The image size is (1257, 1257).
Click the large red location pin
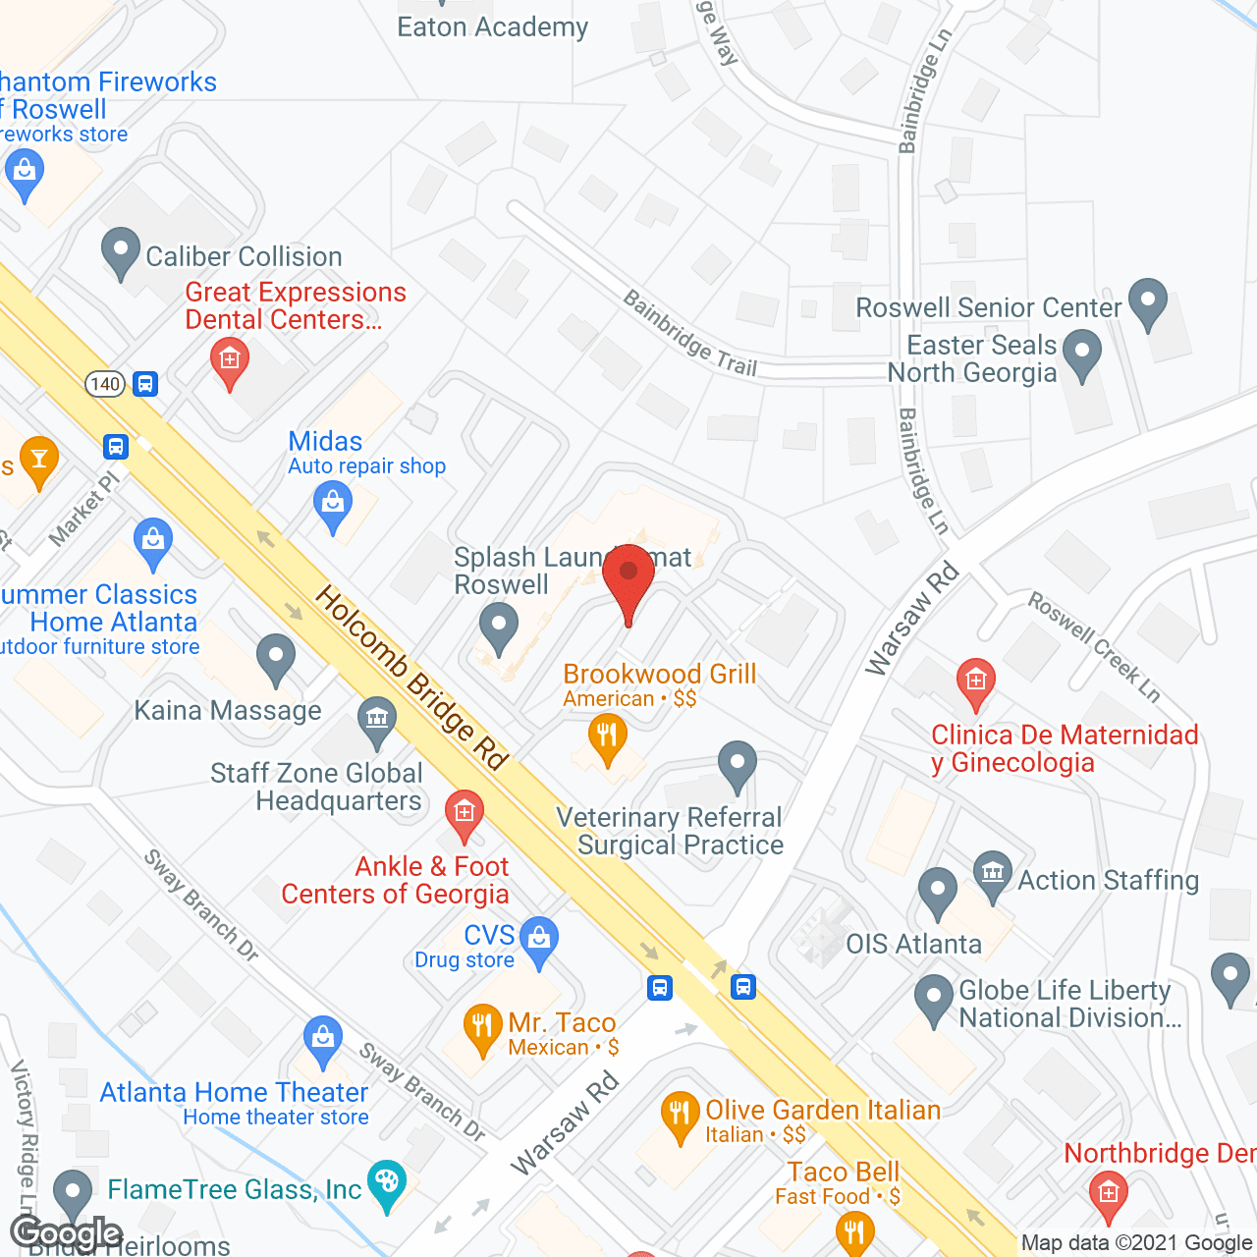[x=628, y=579]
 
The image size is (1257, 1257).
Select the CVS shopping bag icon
[x=538, y=938]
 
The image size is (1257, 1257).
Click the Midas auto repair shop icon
[x=333, y=505]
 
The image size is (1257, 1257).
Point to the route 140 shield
[x=105, y=384]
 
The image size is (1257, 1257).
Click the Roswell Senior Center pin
[x=1147, y=301]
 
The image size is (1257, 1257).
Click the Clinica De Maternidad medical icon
[x=975, y=681]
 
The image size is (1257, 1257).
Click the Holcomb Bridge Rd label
[x=411, y=678]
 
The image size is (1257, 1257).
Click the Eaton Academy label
[x=492, y=27]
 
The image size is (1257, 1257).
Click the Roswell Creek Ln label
[x=1094, y=645]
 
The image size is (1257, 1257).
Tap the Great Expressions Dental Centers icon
[x=230, y=361]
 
